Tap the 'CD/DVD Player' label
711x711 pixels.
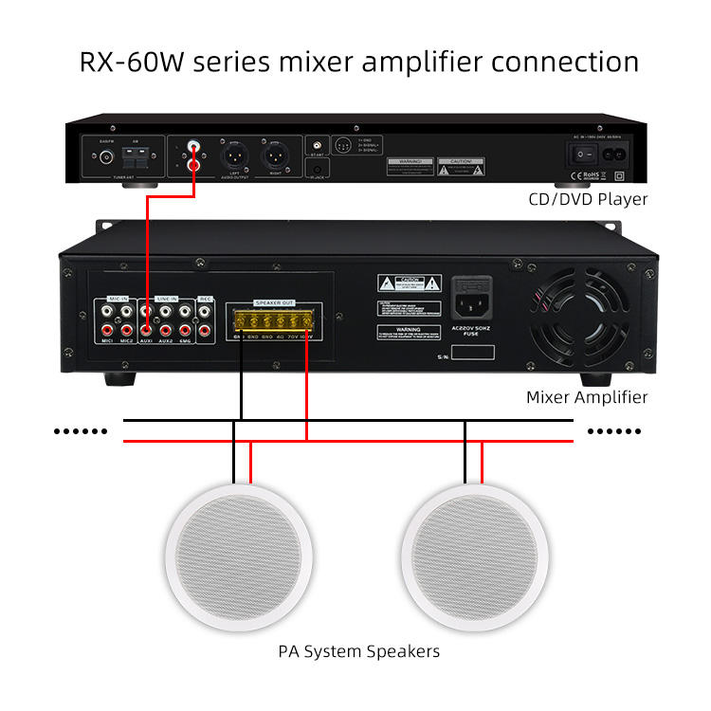tap(588, 199)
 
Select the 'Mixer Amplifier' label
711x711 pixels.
tap(587, 397)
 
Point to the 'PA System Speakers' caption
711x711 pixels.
tap(358, 651)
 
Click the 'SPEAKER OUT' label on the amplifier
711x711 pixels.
tap(275, 302)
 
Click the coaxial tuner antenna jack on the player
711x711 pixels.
tap(106, 157)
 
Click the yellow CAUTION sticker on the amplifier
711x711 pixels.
tap(410, 283)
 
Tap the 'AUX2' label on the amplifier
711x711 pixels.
tap(166, 340)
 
